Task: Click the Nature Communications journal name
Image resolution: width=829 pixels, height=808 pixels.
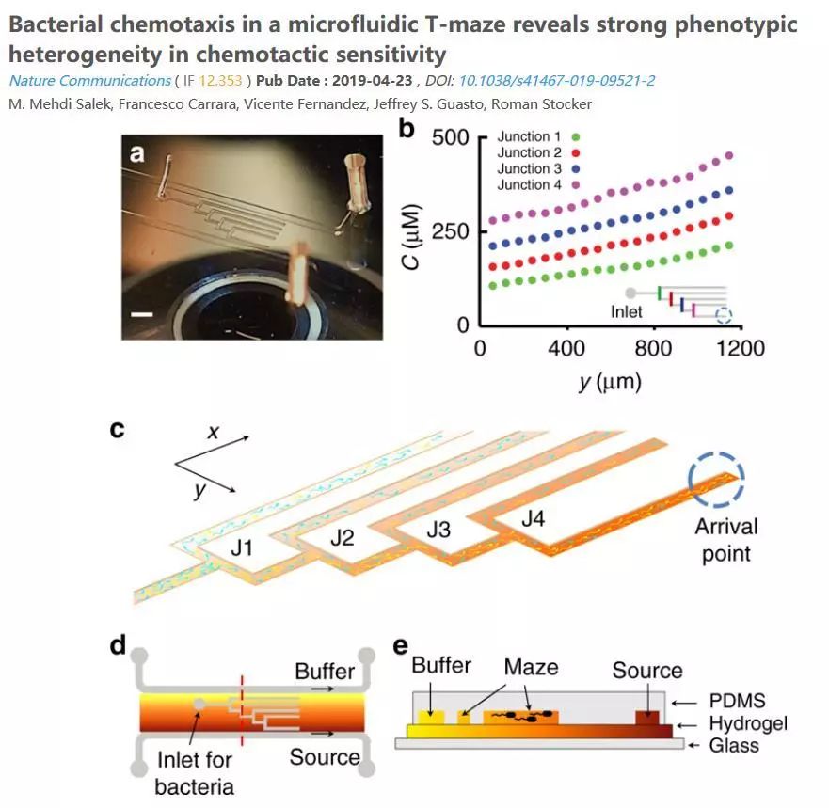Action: click(89, 81)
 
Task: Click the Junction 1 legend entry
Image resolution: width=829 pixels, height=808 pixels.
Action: click(535, 137)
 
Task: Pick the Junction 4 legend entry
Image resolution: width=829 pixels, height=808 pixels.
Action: click(535, 184)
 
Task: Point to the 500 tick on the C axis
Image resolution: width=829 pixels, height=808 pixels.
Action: click(451, 137)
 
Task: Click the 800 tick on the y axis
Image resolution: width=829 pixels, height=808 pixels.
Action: click(653, 349)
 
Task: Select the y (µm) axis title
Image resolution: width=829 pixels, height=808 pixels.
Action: click(607, 383)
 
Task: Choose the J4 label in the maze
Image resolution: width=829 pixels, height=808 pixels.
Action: click(534, 518)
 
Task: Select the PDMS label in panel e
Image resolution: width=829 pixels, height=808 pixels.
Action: click(738, 701)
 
